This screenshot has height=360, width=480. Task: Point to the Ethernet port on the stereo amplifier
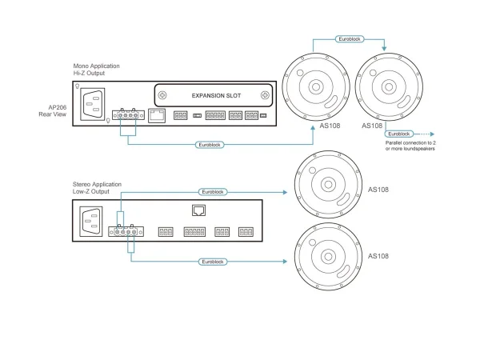200,210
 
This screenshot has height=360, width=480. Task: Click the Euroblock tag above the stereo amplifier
213,192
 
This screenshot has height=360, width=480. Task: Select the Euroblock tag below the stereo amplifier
213,261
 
